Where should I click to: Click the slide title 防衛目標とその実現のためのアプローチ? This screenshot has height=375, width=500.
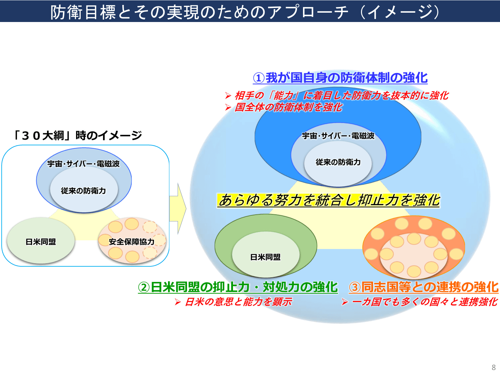(245, 12)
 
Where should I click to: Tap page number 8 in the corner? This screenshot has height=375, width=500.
(494, 367)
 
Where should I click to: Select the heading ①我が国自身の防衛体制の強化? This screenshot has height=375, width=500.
(340, 78)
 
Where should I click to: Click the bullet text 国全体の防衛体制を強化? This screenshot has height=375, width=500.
(288, 107)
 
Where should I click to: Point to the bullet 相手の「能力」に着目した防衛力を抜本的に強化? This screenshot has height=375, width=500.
(341, 96)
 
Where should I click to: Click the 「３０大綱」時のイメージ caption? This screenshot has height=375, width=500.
(77, 135)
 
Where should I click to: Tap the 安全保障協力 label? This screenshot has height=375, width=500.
(131, 242)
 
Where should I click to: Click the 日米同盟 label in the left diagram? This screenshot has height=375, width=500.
(41, 242)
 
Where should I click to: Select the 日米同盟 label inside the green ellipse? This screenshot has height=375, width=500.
(265, 257)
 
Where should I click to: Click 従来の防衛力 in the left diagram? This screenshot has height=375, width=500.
(83, 191)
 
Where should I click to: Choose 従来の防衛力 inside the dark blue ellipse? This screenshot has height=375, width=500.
(338, 162)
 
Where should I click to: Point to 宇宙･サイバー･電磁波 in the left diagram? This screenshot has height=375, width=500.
(83, 164)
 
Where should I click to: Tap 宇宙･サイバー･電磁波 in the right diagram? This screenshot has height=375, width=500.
(338, 136)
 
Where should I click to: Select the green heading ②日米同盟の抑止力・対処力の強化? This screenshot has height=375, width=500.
(238, 287)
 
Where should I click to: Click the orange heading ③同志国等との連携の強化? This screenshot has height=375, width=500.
(424, 287)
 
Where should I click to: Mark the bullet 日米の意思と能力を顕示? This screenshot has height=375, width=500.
(238, 302)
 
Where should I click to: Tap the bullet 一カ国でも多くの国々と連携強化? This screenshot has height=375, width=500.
(424, 302)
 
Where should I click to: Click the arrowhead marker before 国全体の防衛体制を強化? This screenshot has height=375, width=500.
(228, 107)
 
